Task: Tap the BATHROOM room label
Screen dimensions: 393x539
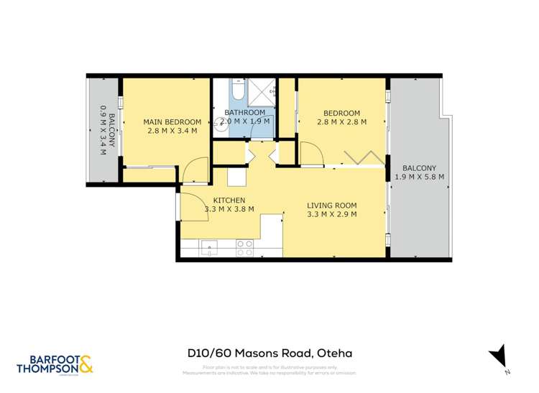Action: pos(245,113)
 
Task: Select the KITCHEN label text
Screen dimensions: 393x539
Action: pos(229,200)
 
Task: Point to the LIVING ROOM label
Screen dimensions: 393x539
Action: pos(332,205)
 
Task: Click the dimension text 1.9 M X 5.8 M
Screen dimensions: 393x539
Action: pos(419,177)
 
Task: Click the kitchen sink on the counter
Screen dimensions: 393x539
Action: pos(208,249)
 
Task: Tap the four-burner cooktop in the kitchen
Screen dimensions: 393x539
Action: pos(244,248)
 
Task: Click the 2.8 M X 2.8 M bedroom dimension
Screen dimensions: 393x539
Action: pos(341,122)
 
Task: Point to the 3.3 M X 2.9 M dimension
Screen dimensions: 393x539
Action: pos(332,214)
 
